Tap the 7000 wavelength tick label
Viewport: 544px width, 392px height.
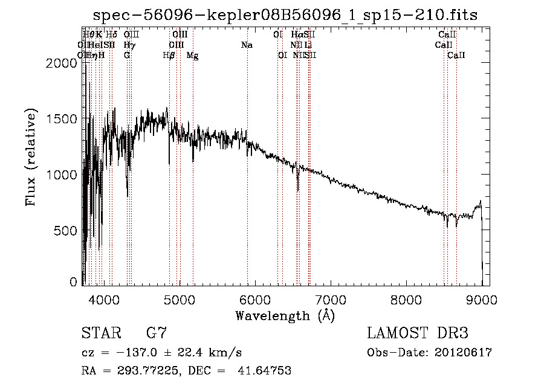coord(330,298)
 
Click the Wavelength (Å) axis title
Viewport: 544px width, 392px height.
coord(285,315)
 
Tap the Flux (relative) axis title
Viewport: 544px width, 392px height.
coord(31,156)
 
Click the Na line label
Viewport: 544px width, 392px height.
coord(247,45)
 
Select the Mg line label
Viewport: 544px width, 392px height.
coord(192,56)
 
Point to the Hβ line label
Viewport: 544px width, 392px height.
coord(169,56)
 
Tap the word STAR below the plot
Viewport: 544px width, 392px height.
coord(100,333)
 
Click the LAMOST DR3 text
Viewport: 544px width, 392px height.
coord(417,333)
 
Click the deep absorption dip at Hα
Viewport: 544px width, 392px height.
coord(298,184)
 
